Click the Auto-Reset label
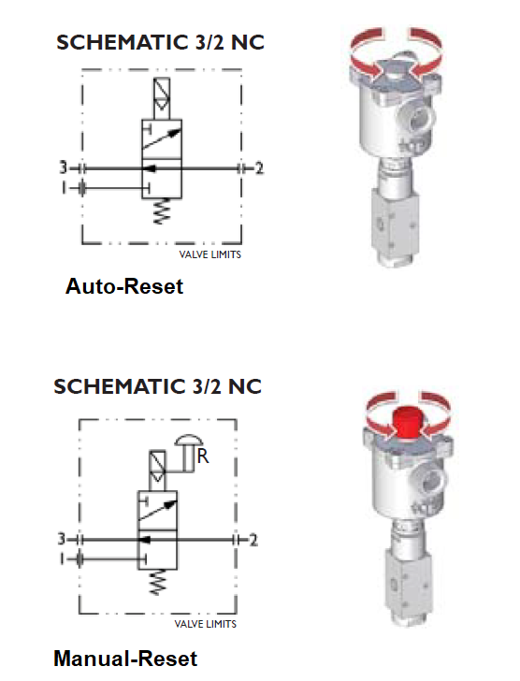(x=124, y=286)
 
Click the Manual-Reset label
(x=125, y=659)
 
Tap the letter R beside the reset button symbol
(x=203, y=456)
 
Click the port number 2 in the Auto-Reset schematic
(x=259, y=168)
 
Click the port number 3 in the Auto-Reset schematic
(x=64, y=167)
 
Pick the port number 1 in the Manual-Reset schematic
(x=63, y=559)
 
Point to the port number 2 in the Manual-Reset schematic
(x=253, y=540)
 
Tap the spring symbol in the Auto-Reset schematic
(x=161, y=211)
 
